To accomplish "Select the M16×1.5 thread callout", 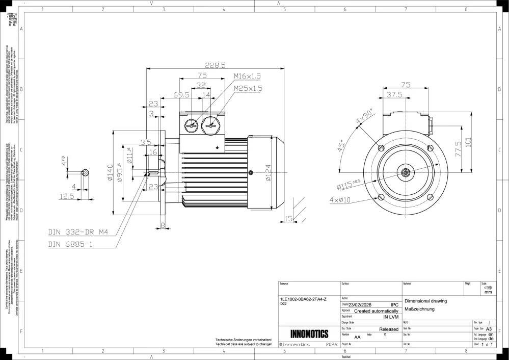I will [247, 76].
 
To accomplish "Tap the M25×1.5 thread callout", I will [248, 88].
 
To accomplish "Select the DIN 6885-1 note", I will [71, 244].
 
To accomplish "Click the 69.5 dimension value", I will [181, 95].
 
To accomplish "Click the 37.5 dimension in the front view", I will [394, 95].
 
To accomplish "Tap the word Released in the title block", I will [388, 330].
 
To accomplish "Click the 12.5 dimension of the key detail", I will [67, 196].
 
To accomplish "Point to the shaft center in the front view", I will [406, 172].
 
